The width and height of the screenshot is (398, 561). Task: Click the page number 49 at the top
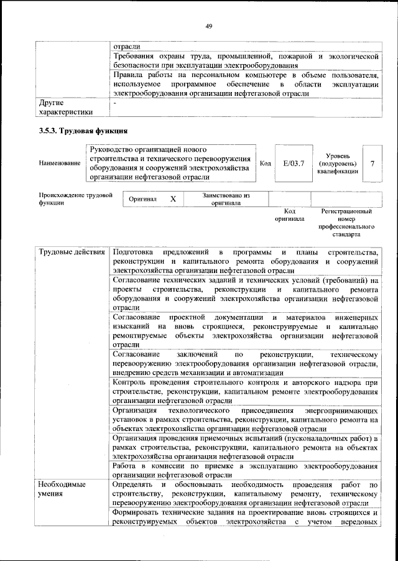[x=209, y=25]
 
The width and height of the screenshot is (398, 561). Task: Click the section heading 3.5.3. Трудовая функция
[x=83, y=131]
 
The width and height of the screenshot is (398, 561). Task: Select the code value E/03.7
[x=293, y=163]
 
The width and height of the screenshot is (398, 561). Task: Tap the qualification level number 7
[x=372, y=163]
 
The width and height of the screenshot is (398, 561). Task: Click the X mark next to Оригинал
[x=174, y=199]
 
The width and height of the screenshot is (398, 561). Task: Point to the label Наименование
[x=59, y=163]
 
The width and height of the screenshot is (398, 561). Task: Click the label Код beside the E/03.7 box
[x=265, y=163]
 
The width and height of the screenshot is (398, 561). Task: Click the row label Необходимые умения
[x=63, y=489]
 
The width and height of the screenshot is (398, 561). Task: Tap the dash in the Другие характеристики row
[x=115, y=103]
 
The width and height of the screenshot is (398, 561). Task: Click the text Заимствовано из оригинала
[x=226, y=199]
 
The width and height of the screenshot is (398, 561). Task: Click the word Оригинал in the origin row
[x=142, y=199]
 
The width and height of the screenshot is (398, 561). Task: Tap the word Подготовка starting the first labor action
[x=132, y=252]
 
